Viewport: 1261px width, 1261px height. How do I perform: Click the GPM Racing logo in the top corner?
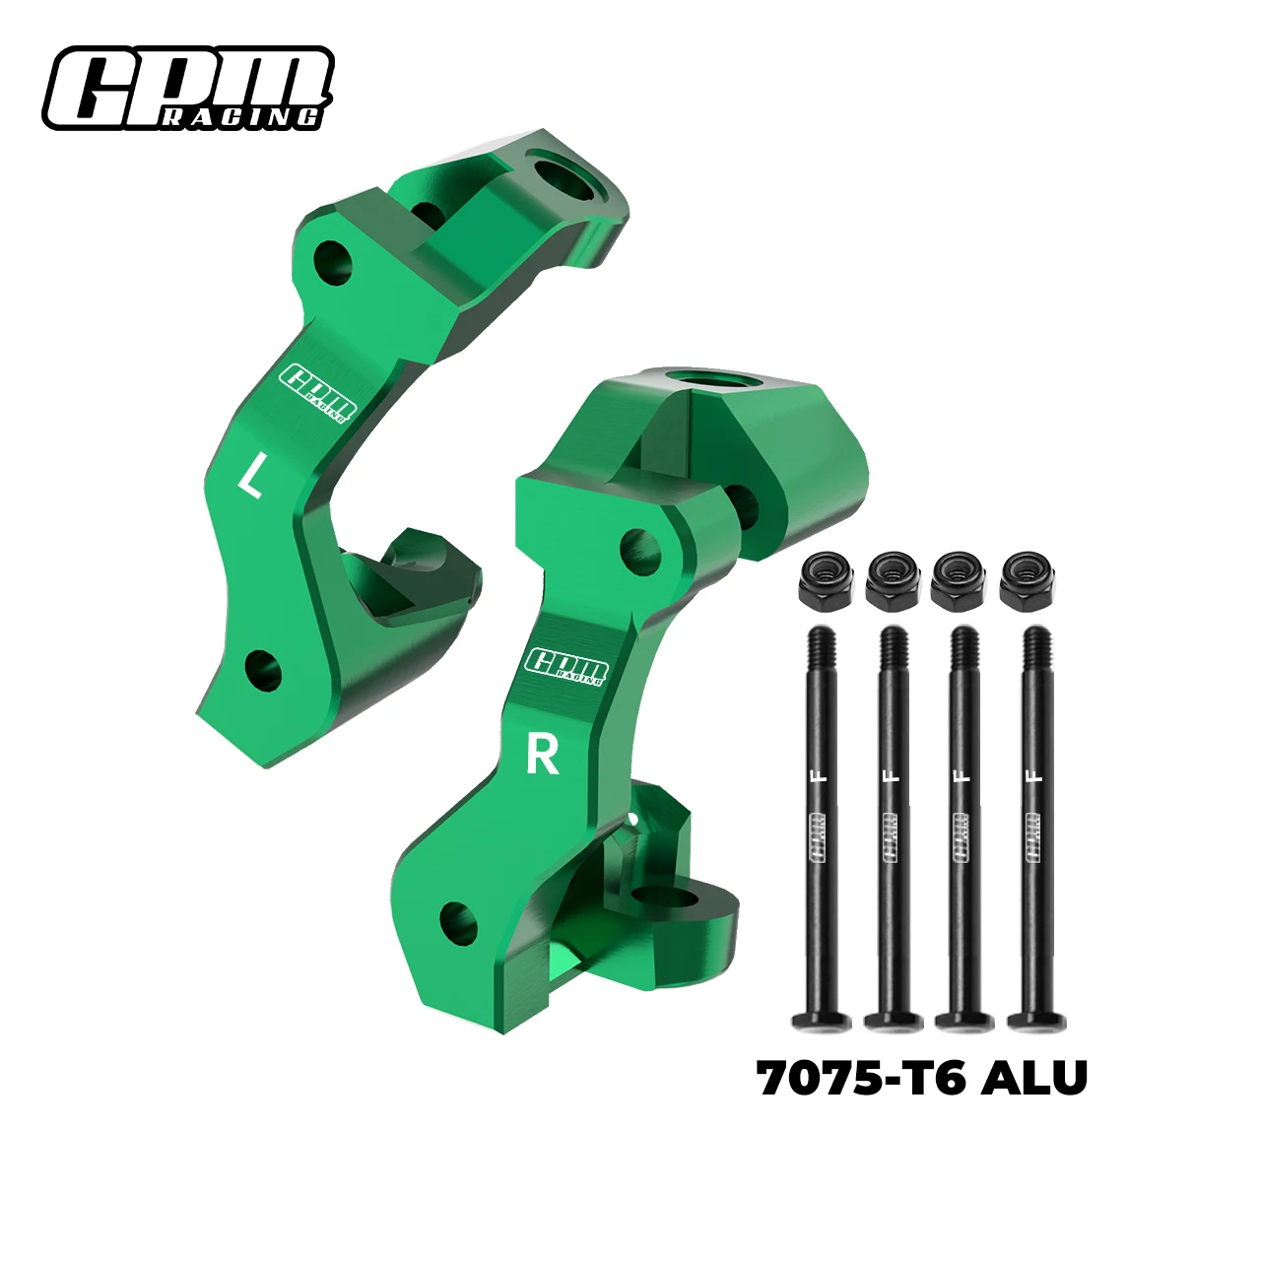(187, 88)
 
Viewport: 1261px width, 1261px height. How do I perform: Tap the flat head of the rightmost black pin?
(1036, 1021)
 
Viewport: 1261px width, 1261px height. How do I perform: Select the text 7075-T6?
(861, 1079)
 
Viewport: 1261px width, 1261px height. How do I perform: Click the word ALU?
(1034, 1079)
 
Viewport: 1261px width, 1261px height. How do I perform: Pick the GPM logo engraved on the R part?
(566, 666)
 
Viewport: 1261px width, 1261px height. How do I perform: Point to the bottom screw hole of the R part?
(458, 923)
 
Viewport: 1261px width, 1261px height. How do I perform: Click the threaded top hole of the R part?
(710, 379)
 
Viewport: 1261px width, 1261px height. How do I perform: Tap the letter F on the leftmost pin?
(822, 775)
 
